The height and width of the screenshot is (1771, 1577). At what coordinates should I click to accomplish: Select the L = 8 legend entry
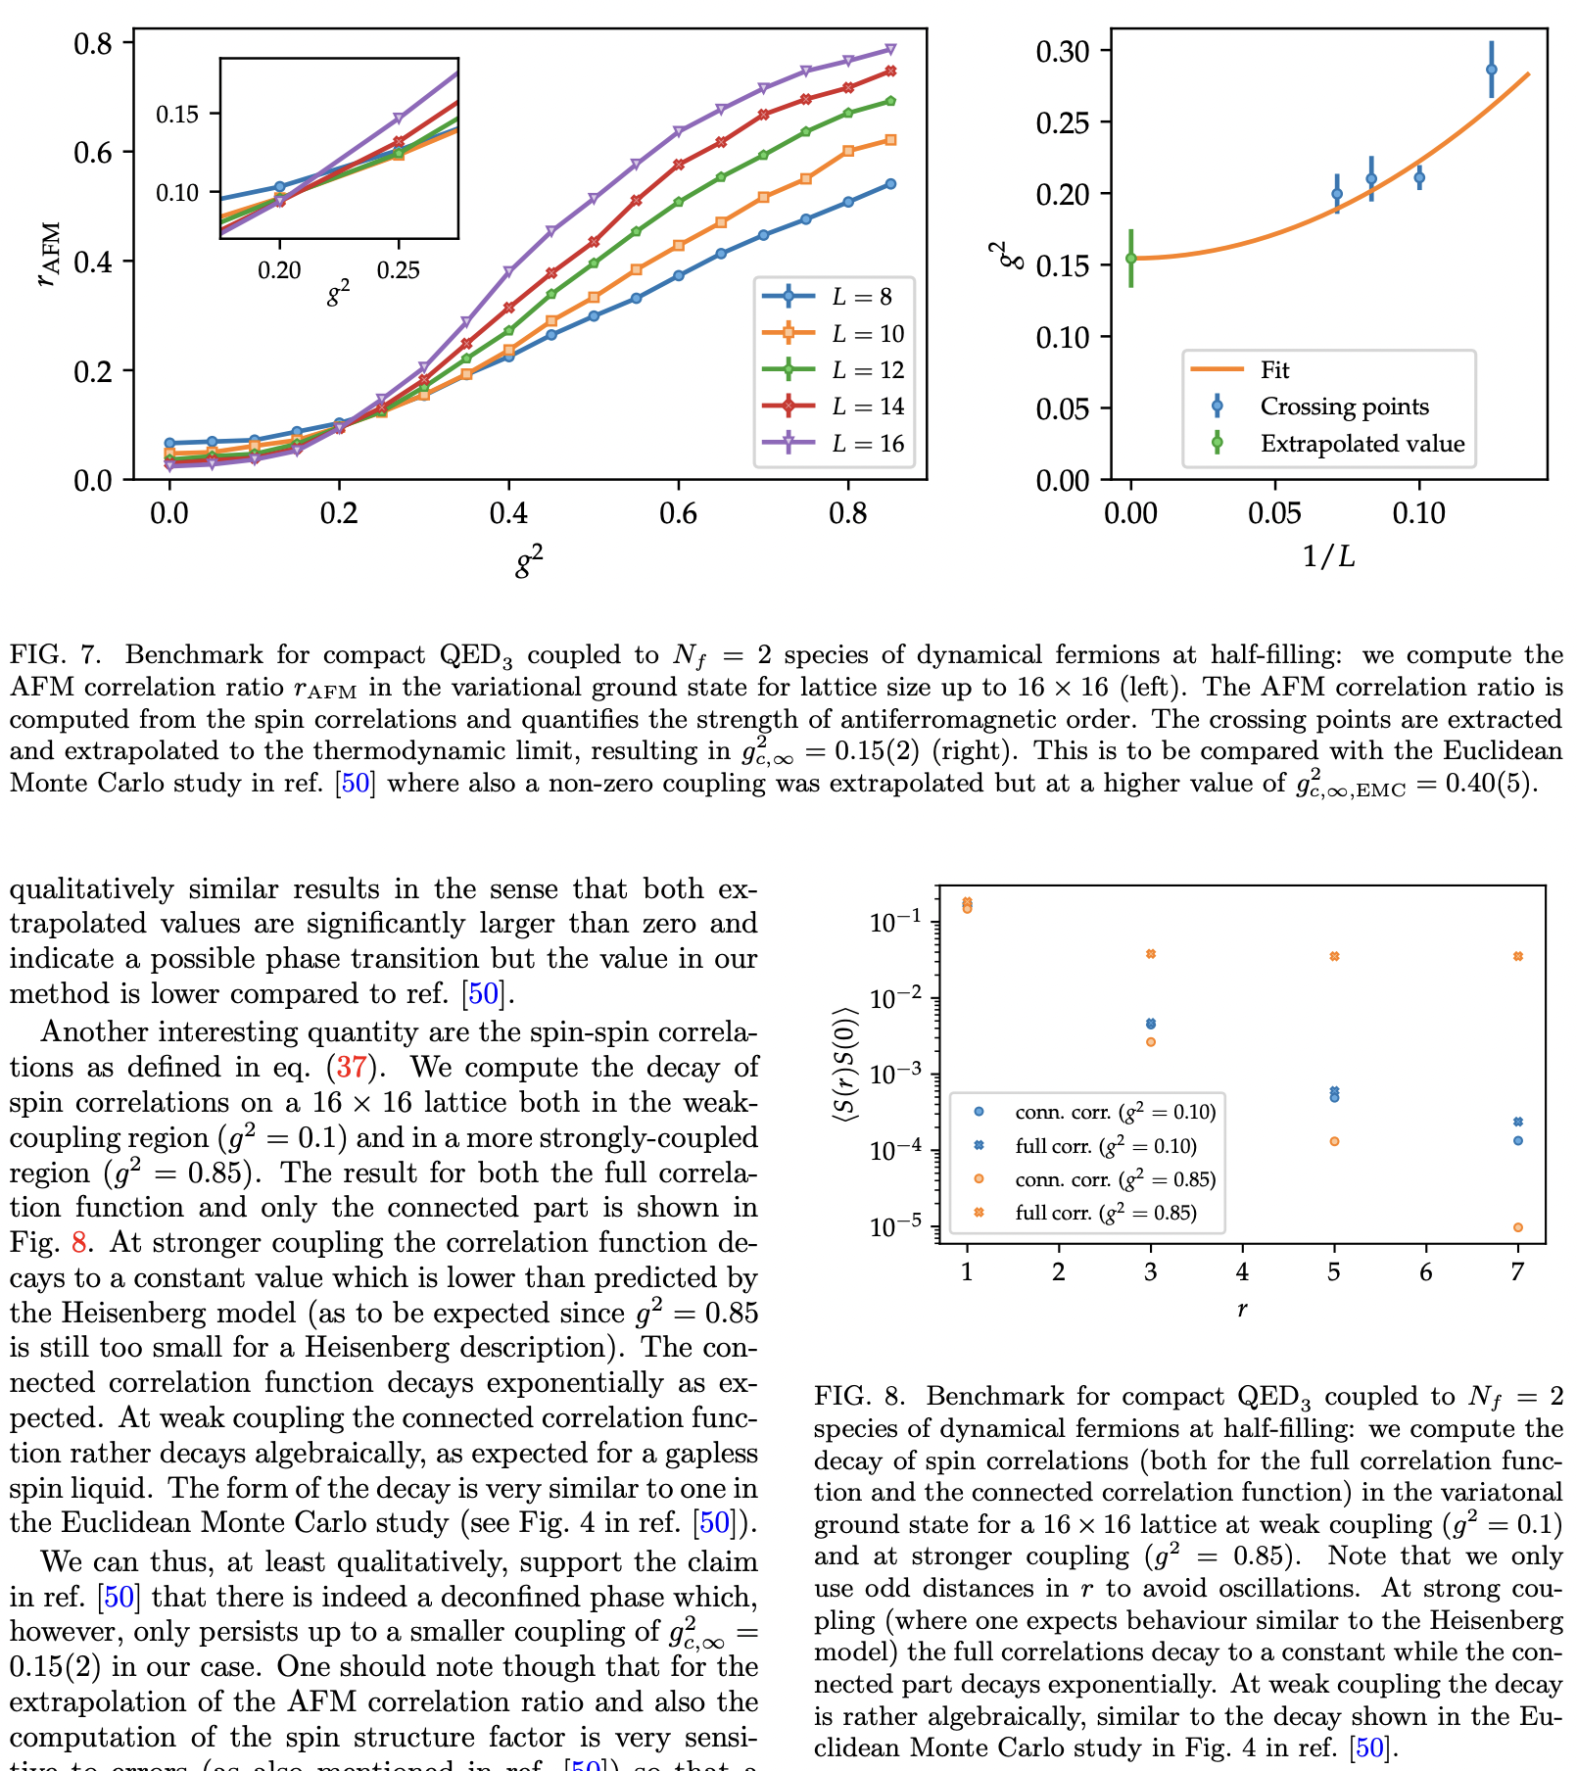(861, 297)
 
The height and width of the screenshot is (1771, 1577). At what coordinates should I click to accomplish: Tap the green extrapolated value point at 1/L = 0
(1131, 259)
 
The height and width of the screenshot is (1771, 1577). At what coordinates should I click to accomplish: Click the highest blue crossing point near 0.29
(1491, 70)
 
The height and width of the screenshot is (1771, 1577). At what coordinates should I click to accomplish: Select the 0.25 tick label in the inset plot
(398, 270)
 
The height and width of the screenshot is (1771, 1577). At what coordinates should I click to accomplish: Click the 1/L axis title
(1328, 557)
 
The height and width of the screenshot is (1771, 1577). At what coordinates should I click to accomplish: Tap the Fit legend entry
(1273, 370)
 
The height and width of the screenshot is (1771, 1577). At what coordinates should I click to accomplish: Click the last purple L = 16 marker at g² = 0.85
(890, 49)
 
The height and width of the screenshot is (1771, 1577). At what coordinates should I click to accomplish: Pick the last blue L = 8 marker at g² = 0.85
(890, 184)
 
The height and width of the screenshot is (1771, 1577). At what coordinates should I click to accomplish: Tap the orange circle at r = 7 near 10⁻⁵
(1517, 1227)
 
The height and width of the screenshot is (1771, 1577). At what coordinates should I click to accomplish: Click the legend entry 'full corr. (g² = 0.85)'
(1105, 1213)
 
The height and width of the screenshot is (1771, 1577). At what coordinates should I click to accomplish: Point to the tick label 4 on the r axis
(1242, 1272)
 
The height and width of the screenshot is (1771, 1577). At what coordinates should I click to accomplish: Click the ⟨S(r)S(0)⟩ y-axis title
(845, 1064)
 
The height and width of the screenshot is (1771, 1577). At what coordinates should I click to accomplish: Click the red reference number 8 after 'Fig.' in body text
(79, 1243)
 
